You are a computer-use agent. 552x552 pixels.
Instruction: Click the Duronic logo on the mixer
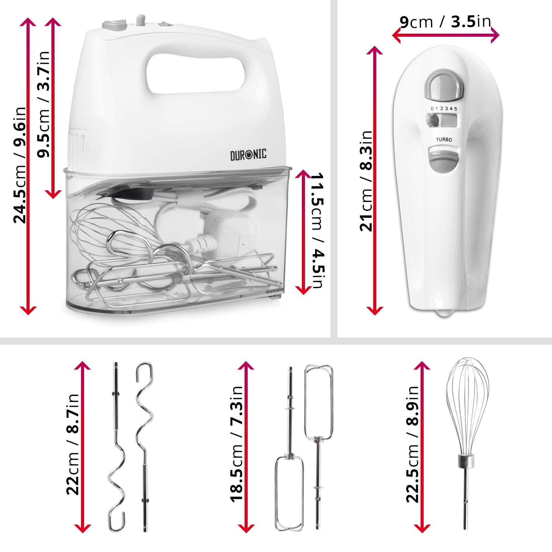[248, 155]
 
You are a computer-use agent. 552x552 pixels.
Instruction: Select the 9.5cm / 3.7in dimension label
[43, 104]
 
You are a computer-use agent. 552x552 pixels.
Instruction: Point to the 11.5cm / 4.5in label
[318, 231]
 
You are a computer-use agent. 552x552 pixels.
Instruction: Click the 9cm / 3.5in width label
[445, 21]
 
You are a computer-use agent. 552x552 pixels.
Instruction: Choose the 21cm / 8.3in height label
[366, 181]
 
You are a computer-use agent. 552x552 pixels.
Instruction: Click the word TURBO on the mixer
[444, 140]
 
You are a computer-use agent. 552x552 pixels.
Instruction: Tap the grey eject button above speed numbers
[444, 86]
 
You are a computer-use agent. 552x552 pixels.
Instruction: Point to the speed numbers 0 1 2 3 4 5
[444, 109]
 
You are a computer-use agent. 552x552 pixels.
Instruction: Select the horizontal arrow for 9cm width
[445, 35]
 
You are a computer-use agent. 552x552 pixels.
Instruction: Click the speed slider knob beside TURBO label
[431, 120]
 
